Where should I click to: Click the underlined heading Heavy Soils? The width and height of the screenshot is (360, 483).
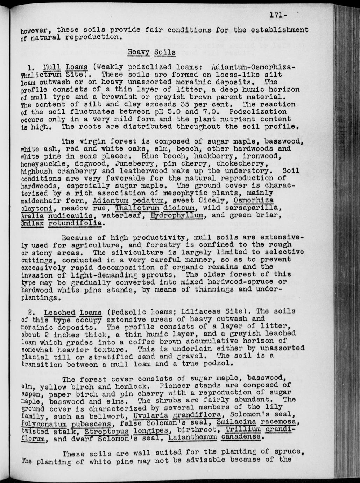151,52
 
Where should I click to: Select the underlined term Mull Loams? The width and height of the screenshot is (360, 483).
65,67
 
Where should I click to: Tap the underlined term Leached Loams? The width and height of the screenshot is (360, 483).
73,312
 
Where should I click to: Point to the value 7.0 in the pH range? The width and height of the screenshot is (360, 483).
209,112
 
